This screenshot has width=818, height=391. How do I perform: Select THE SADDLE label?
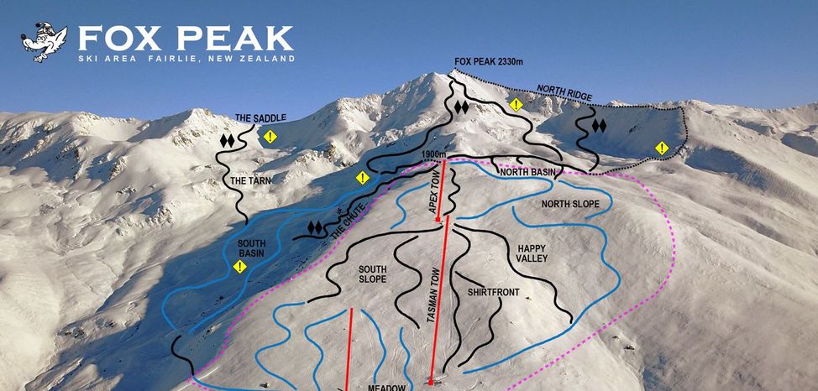260,118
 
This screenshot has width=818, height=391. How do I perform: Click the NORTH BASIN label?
527,173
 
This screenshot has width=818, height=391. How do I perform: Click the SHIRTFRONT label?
495,292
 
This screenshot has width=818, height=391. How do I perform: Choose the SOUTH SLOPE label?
372,274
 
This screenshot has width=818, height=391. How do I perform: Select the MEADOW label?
386,387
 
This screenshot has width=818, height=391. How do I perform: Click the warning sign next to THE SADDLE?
270,136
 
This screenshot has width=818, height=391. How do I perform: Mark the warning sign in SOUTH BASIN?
240,267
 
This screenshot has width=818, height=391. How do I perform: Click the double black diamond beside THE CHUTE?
316,227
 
